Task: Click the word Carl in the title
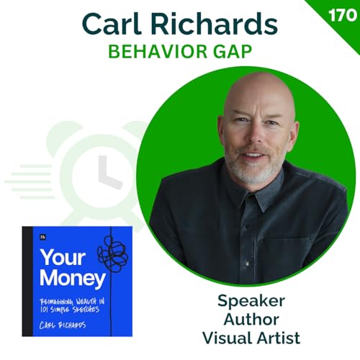tap(114, 24)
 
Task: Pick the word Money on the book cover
tap(63, 277)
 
